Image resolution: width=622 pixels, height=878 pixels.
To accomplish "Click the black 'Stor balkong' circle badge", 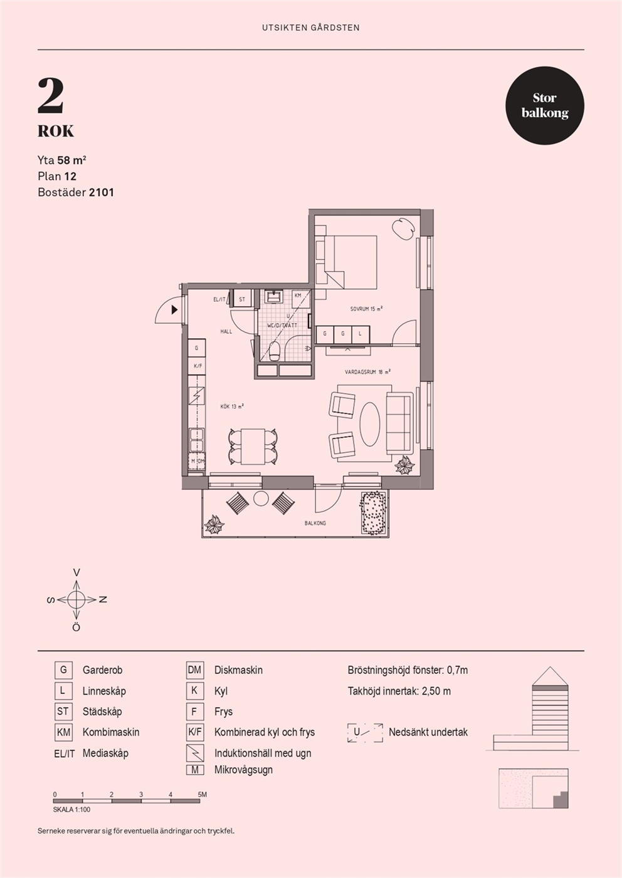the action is [x=544, y=105].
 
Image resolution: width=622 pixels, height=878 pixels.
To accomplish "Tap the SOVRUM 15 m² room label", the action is [x=366, y=309].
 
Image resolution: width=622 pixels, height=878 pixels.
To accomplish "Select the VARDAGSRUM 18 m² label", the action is [x=367, y=371].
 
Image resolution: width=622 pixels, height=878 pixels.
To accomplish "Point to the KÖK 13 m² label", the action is [x=232, y=406].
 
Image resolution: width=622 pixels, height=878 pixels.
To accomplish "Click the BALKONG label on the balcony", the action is [x=315, y=523].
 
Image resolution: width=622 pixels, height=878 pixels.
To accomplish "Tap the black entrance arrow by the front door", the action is [x=175, y=309].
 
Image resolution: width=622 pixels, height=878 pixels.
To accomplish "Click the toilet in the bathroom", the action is [x=274, y=351].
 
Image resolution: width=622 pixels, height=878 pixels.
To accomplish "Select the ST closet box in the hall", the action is [x=242, y=299].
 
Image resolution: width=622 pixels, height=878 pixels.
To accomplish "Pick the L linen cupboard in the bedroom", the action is [x=361, y=334].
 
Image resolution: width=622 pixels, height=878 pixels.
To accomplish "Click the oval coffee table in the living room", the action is [x=370, y=424].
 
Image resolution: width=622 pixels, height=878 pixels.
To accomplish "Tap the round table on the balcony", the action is [x=261, y=498].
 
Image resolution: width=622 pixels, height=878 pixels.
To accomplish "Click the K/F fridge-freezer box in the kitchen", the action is [x=198, y=365].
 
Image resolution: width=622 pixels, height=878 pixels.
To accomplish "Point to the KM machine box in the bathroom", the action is [x=301, y=298].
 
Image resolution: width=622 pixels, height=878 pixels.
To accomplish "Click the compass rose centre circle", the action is [x=76, y=599].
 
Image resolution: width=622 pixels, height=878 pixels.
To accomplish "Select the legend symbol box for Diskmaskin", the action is [x=194, y=670].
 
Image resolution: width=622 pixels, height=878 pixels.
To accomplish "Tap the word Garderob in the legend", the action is [x=102, y=670].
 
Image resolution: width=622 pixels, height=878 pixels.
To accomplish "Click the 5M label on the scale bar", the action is [x=202, y=795].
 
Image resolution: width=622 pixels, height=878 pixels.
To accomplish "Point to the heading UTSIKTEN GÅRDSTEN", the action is [x=311, y=28].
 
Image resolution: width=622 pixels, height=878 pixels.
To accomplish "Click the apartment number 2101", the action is [x=102, y=192].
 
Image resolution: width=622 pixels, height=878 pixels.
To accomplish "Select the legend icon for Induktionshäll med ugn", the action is [x=195, y=753].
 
